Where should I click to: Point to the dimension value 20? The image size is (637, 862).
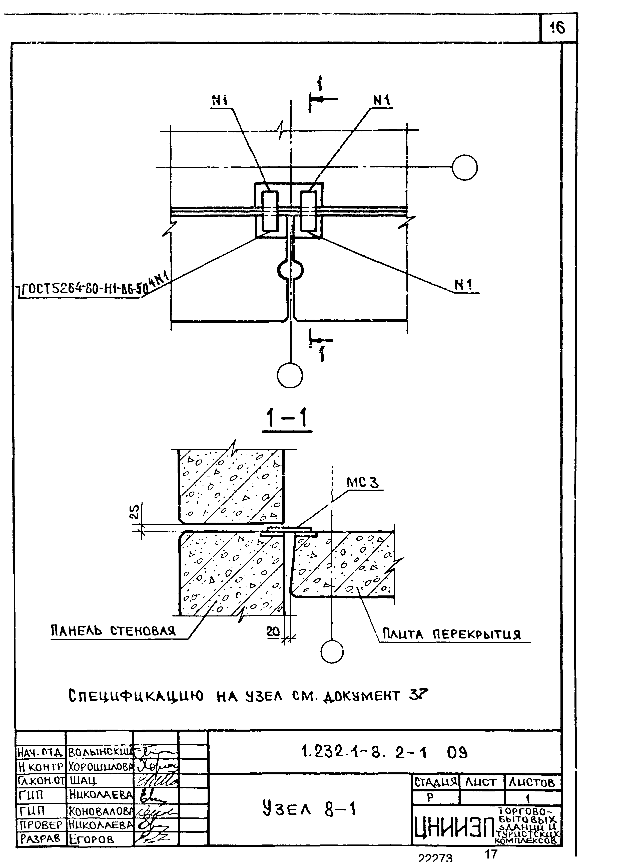click(x=273, y=632)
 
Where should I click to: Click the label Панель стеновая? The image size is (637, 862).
click(x=113, y=631)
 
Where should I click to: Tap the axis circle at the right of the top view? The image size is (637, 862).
click(x=465, y=167)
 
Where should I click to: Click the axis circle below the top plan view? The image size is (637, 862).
click(x=290, y=375)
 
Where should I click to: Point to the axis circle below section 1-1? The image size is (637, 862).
click(x=332, y=652)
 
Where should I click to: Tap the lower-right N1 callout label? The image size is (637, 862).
click(x=463, y=285)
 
